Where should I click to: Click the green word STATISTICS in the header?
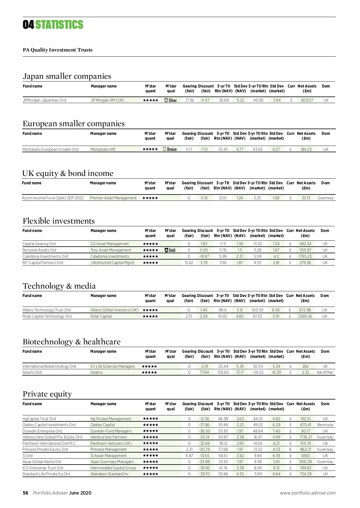pyautogui.click(x=59, y=25)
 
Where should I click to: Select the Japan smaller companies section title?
pyautogui.click(x=67, y=76)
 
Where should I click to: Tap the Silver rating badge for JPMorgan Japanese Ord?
pyautogui.click(x=171, y=100)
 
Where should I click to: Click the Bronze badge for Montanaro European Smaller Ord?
pyautogui.click(x=170, y=149)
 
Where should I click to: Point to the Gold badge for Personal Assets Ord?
pyautogui.click(x=170, y=250)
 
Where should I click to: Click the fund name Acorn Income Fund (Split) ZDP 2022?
pyautogui.click(x=53, y=198)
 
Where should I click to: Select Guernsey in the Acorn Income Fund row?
pyautogui.click(x=325, y=198)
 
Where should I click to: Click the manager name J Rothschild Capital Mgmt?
pyautogui.click(x=112, y=263)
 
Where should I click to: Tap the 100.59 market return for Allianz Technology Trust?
pyautogui.click(x=257, y=310)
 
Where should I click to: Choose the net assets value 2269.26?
pyautogui.click(x=305, y=316)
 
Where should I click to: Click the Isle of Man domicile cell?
pyautogui.click(x=325, y=372)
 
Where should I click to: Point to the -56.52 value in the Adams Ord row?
pyautogui.click(x=258, y=372)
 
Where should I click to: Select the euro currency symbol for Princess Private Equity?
pyautogui.click(x=290, y=449)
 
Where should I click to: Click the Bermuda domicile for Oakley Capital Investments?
pyautogui.click(x=325, y=425)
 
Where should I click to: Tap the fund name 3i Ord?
pyautogui.click(x=28, y=456)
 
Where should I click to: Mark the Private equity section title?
pyautogui.click(x=47, y=394)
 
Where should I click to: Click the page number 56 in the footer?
pyautogui.click(x=25, y=493)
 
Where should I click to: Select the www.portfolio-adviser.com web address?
pyautogui.click(x=308, y=493)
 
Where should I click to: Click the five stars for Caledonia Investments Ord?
pyautogui.click(x=150, y=256)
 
